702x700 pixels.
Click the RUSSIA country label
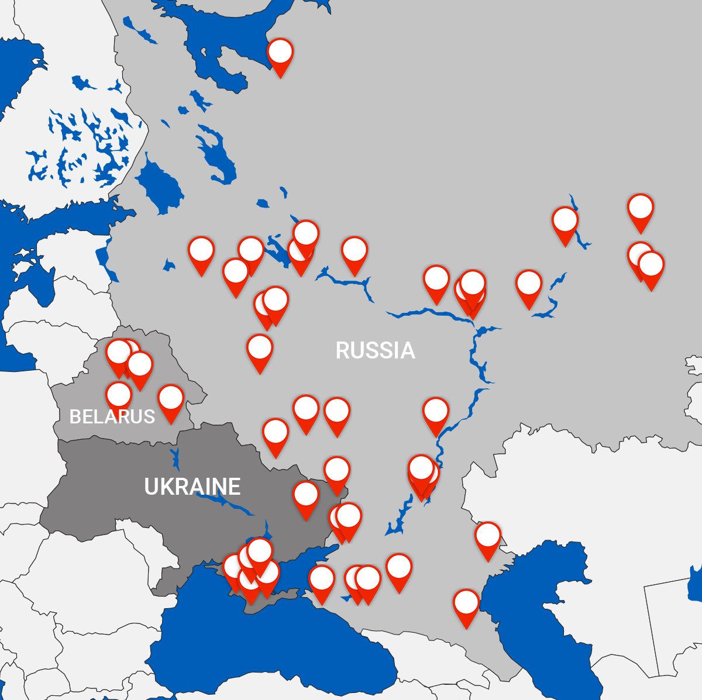pyautogui.click(x=375, y=350)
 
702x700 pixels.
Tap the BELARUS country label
pyautogui.click(x=112, y=416)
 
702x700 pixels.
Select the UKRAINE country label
pyautogui.click(x=192, y=487)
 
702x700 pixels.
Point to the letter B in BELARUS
pyautogui.click(x=75, y=416)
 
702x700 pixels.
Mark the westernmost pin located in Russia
pyautogui.click(x=201, y=251)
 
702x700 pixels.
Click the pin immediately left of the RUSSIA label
pyautogui.click(x=260, y=349)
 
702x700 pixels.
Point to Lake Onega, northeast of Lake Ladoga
pyautogui.click(x=214, y=149)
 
